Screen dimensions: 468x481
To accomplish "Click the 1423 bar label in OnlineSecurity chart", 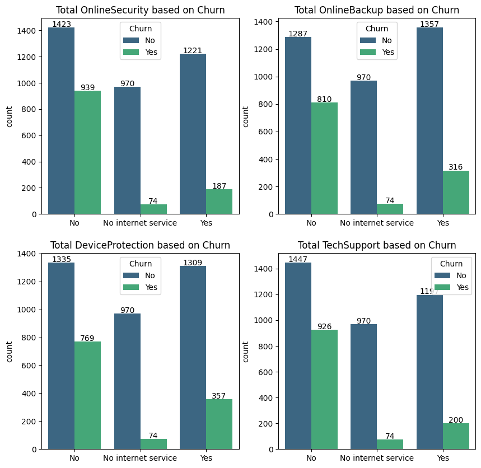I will tap(62, 24).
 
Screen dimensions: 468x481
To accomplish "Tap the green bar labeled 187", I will tap(219, 202).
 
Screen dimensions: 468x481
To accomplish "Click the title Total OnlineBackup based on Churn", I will tap(377, 10).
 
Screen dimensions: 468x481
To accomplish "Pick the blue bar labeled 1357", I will tap(429, 120).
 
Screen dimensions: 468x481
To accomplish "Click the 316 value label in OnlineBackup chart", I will tap(456, 167).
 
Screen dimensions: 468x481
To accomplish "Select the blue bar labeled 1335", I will tap(62, 355).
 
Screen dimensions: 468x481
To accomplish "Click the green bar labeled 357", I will tap(219, 424).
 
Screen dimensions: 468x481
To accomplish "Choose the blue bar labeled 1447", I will tap(298, 355).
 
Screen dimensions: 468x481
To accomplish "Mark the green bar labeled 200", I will tap(456, 436).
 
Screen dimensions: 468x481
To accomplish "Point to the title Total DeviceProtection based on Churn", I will tap(140, 245).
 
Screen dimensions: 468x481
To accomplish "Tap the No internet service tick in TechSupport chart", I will tap(377, 458).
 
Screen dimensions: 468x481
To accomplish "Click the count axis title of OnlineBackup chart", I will tap(246, 116).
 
